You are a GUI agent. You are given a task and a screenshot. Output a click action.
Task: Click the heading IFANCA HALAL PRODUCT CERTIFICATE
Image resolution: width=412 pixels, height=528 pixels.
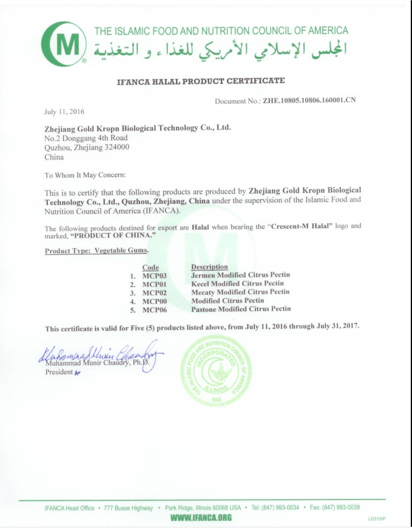point(200,81)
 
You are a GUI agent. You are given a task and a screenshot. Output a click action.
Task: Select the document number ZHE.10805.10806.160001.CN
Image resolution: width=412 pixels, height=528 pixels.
point(309,101)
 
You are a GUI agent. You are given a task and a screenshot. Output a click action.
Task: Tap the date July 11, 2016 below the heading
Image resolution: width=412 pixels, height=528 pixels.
point(64,112)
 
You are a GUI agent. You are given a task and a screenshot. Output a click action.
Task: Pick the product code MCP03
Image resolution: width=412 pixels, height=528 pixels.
point(154,276)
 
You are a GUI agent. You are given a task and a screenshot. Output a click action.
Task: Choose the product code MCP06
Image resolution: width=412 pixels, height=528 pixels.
point(154,309)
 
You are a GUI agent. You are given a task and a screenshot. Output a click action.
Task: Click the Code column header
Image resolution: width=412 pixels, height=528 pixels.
point(150,267)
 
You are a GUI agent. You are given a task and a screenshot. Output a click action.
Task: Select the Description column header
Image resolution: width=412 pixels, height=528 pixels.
point(209,266)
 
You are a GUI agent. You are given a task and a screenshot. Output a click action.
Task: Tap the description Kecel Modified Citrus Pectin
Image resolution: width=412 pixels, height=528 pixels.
point(237,283)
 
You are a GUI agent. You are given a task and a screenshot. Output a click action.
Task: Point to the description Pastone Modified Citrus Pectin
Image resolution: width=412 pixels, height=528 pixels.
point(241,309)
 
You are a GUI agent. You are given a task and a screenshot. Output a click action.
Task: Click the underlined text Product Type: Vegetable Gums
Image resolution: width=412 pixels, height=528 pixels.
point(96,251)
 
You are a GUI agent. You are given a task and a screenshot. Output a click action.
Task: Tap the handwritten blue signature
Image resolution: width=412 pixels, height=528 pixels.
point(97,356)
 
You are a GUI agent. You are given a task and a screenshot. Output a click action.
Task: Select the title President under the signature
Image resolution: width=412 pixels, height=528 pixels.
point(59,373)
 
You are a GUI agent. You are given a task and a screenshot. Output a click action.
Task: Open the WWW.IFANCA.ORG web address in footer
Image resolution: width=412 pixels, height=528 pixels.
point(201,518)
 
